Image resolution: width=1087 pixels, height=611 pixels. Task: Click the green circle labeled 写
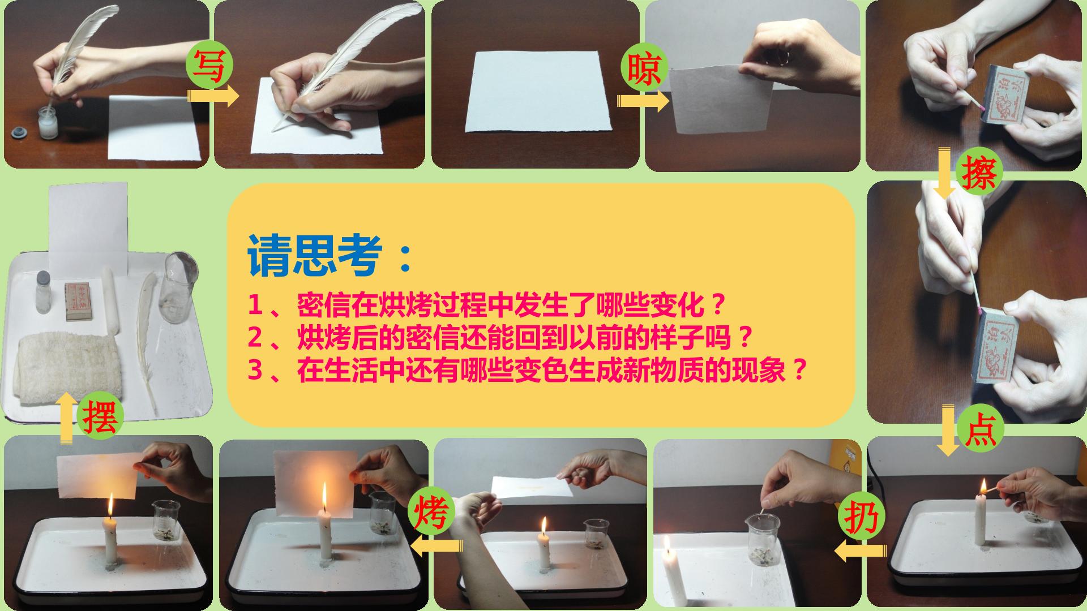tap(209, 67)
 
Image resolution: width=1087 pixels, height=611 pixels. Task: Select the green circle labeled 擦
tap(979, 173)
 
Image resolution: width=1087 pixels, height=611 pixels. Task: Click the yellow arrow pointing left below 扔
tap(860, 550)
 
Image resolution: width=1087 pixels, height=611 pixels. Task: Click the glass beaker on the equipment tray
tap(178, 287)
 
